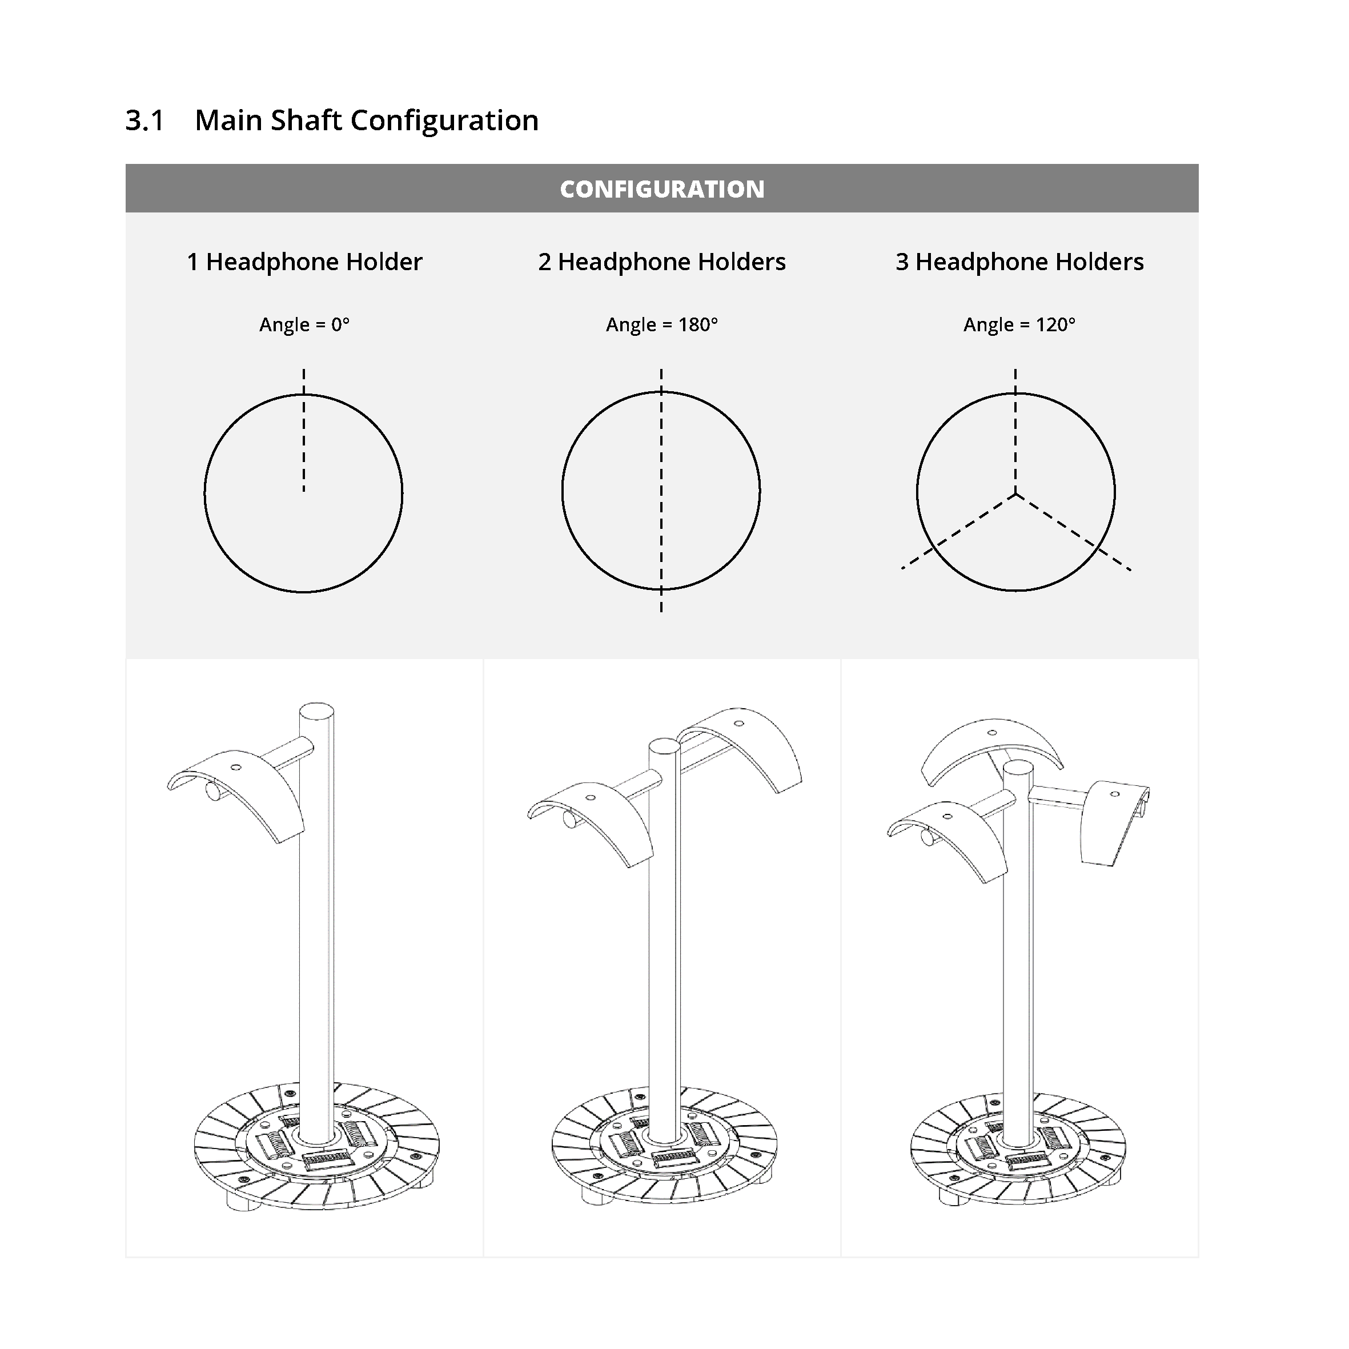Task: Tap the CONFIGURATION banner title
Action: (x=662, y=188)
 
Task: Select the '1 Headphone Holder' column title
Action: (x=304, y=262)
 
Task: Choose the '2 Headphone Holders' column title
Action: (x=662, y=262)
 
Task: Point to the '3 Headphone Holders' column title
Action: (x=1019, y=262)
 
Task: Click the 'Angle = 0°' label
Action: (x=304, y=324)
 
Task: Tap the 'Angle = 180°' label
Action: (x=662, y=324)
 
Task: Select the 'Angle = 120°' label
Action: (x=1019, y=324)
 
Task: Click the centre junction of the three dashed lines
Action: (x=1016, y=495)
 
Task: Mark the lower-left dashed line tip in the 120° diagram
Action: (x=903, y=568)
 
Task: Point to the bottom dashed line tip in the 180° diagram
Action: (x=661, y=612)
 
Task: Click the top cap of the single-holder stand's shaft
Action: (x=316, y=711)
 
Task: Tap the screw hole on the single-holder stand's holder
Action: (x=236, y=768)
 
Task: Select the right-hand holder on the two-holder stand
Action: (x=747, y=744)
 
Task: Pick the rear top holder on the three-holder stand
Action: (x=991, y=747)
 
